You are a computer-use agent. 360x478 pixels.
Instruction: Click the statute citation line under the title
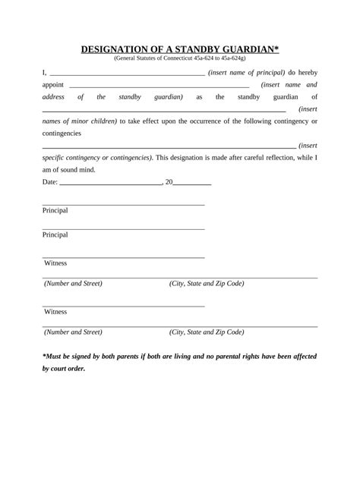pos(179,58)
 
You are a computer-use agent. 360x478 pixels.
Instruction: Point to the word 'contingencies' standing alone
pos(62,133)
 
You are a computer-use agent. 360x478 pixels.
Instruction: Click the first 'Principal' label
pos(55,210)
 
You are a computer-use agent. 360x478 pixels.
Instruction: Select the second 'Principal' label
pos(55,234)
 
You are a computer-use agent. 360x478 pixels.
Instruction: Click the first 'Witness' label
pos(55,263)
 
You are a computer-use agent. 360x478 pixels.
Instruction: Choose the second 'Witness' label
pos(55,312)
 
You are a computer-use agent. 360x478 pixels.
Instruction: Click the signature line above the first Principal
pos(123,205)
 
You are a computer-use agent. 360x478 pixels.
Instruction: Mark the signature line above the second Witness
pos(123,306)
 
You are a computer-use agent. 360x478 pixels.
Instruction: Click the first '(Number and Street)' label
pos(73,284)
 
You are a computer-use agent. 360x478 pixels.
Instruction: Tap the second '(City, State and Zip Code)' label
pos(207,332)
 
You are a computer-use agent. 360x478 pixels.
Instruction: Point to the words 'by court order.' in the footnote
pos(64,369)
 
